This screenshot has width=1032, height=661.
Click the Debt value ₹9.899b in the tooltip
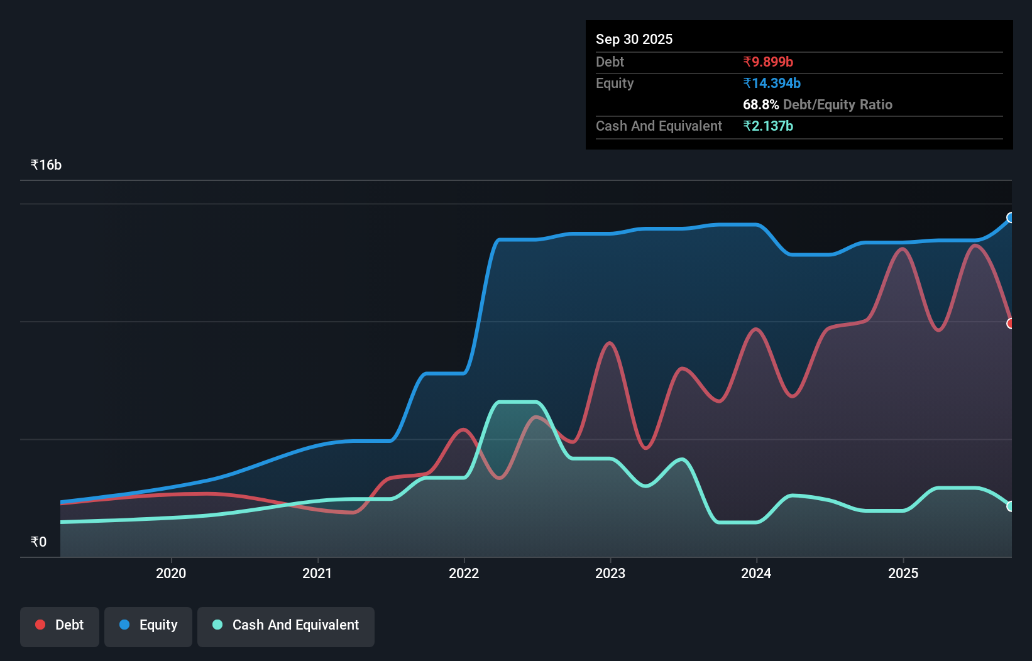(x=767, y=62)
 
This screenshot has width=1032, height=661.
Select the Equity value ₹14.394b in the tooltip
(x=771, y=83)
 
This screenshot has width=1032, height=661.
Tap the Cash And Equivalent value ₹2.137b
(x=767, y=126)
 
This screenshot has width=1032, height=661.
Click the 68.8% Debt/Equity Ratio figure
(x=817, y=104)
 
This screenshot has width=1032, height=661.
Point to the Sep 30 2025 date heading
(x=634, y=39)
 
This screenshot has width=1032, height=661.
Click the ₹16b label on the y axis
(x=46, y=165)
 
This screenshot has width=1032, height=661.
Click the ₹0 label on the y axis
(x=38, y=542)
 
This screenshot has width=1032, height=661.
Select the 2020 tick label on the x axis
(x=171, y=573)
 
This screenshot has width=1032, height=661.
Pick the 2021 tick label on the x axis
(x=317, y=573)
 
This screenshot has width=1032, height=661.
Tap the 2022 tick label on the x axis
(x=464, y=573)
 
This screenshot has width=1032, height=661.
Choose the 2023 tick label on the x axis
(x=610, y=573)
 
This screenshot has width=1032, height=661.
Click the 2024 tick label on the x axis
(x=756, y=573)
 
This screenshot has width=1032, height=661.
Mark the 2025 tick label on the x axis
(x=903, y=573)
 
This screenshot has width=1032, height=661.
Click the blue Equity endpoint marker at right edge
(x=1010, y=217)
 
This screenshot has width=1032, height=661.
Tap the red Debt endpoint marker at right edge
(x=1010, y=324)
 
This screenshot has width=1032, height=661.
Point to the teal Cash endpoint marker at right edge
(x=1010, y=506)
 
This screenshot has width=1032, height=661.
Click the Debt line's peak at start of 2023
(x=609, y=343)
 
